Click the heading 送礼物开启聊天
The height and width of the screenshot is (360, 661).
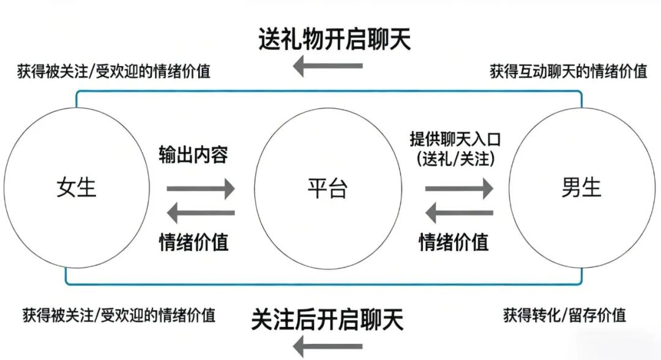tap(334, 39)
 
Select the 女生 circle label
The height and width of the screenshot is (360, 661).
tap(77, 187)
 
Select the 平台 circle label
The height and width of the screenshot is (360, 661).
tap(327, 189)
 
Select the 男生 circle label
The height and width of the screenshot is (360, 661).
tap(581, 187)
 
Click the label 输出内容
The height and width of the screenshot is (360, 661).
tap(193, 155)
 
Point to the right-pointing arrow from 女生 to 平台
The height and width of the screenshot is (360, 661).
tap(201, 189)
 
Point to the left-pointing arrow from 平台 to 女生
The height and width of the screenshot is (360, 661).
tap(201, 213)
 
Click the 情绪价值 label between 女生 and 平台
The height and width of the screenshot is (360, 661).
tap(193, 241)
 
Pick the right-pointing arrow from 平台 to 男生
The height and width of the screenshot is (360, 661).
tap(459, 189)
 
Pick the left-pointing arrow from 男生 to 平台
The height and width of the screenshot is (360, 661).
tap(459, 213)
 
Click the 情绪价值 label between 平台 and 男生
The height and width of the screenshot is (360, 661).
tap(454, 241)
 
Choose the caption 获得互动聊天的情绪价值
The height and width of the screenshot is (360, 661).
tap(569, 71)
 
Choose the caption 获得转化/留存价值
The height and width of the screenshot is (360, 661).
tap(564, 315)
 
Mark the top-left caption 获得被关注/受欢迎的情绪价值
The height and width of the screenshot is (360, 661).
tap(114, 71)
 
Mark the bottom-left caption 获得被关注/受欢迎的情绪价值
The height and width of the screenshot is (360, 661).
tap(119, 315)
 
